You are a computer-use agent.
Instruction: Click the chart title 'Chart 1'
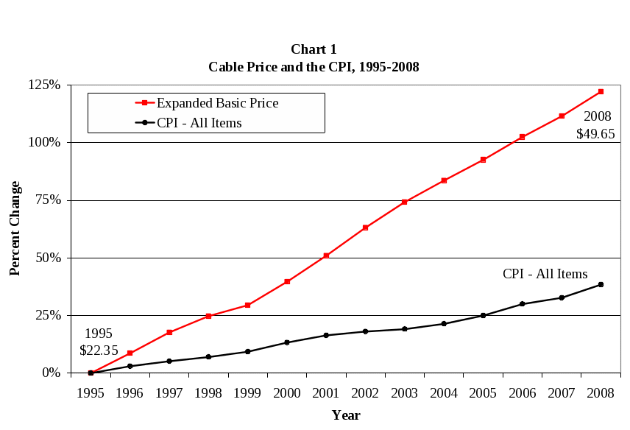(314, 50)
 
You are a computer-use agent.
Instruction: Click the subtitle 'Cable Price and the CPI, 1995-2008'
(314, 66)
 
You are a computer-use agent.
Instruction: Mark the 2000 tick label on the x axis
(286, 392)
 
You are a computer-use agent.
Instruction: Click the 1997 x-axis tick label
(169, 392)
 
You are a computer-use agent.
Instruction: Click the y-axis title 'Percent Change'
(15, 228)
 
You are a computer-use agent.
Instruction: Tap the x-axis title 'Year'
(345, 415)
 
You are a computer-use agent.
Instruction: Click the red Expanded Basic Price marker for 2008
(601, 91)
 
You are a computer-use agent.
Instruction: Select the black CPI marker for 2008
(601, 284)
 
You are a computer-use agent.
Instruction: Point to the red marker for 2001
(326, 255)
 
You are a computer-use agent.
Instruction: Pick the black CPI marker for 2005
(483, 315)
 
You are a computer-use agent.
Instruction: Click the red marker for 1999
(247, 305)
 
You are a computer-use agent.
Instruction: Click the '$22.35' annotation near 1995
(99, 350)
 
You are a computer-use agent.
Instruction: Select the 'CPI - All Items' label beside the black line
(545, 274)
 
